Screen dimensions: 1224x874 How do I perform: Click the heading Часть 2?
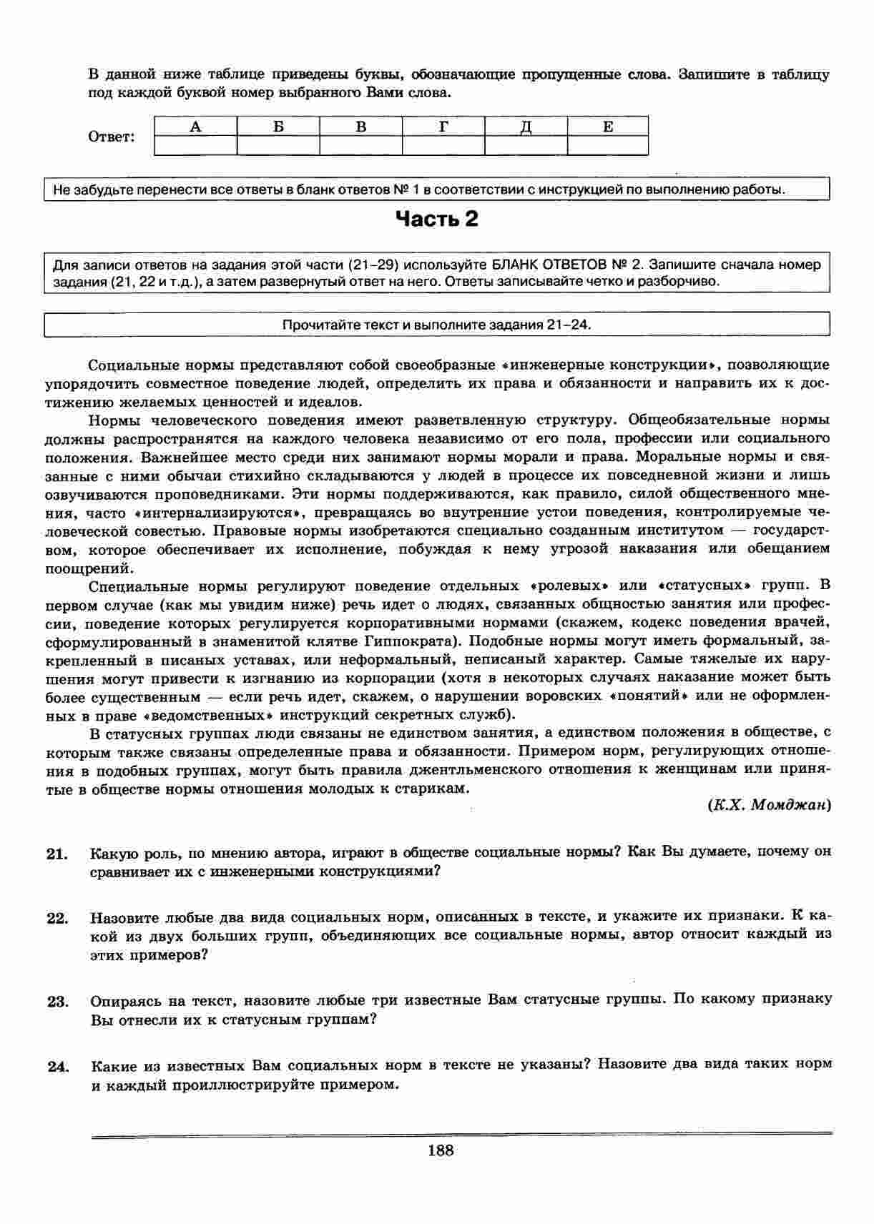[437, 219]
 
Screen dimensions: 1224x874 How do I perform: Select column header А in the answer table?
[195, 127]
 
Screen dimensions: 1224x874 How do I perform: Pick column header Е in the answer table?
[608, 127]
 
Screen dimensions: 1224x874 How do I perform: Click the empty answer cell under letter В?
[360, 145]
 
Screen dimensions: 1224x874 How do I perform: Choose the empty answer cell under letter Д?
[526, 145]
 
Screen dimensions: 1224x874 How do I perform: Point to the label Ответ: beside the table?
[111, 137]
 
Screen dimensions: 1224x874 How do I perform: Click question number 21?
[57, 854]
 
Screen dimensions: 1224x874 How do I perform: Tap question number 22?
[57, 918]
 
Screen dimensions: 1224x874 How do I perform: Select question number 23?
[57, 1001]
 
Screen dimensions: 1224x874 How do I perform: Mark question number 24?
[57, 1066]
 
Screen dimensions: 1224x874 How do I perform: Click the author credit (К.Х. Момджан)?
[769, 805]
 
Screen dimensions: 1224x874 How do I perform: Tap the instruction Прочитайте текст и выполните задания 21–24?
[437, 325]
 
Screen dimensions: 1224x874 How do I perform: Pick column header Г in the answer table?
[443, 127]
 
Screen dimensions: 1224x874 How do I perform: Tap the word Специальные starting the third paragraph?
[139, 586]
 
